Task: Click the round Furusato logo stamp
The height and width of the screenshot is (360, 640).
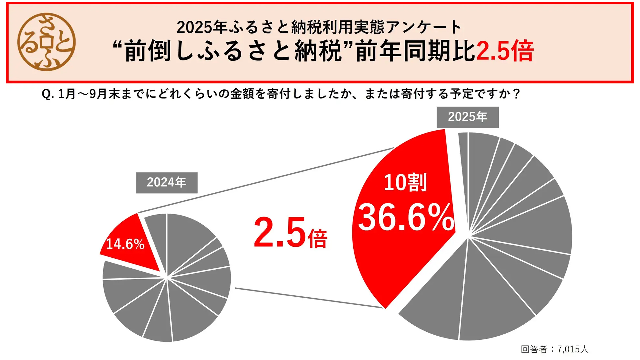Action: pos(46,42)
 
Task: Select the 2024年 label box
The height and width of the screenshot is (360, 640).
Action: pos(166,183)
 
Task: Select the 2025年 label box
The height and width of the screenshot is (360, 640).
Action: pos(467,117)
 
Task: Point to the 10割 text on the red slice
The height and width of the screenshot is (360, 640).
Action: pos(405,182)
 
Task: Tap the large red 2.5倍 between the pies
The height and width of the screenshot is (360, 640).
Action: pos(290,233)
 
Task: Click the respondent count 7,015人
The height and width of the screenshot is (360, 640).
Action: pos(573,349)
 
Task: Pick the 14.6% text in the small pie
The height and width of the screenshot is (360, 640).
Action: pos(125,244)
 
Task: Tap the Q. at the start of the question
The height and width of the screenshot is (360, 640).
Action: pos(47,94)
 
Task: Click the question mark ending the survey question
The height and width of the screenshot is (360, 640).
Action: pos(516,94)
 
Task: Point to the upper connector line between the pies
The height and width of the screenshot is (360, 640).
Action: pos(267,180)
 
